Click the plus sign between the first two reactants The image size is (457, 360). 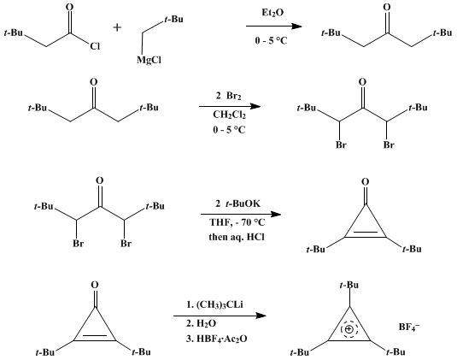tap(117, 27)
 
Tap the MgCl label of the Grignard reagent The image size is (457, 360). tap(149, 60)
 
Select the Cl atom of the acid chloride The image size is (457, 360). tap(95, 46)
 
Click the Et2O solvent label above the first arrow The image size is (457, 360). tap(272, 13)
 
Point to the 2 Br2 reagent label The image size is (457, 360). tap(229, 96)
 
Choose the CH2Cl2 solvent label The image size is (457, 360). tap(230, 115)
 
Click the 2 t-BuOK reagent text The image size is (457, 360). tap(237, 204)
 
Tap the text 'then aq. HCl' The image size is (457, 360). tap(237, 236)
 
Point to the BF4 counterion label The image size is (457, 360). tap(409, 327)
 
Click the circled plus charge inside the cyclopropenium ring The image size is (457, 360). tap(349, 329)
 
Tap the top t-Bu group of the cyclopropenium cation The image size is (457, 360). tap(349, 285)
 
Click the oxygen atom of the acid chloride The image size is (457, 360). tap(69, 7)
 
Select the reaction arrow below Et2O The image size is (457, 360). tap(274, 27)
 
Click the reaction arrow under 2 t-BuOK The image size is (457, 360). tap(241, 215)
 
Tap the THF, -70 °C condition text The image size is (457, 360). tap(237, 222)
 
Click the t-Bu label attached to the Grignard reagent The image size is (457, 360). tap(173, 20)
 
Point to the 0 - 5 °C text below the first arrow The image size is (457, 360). tap(271, 40)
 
